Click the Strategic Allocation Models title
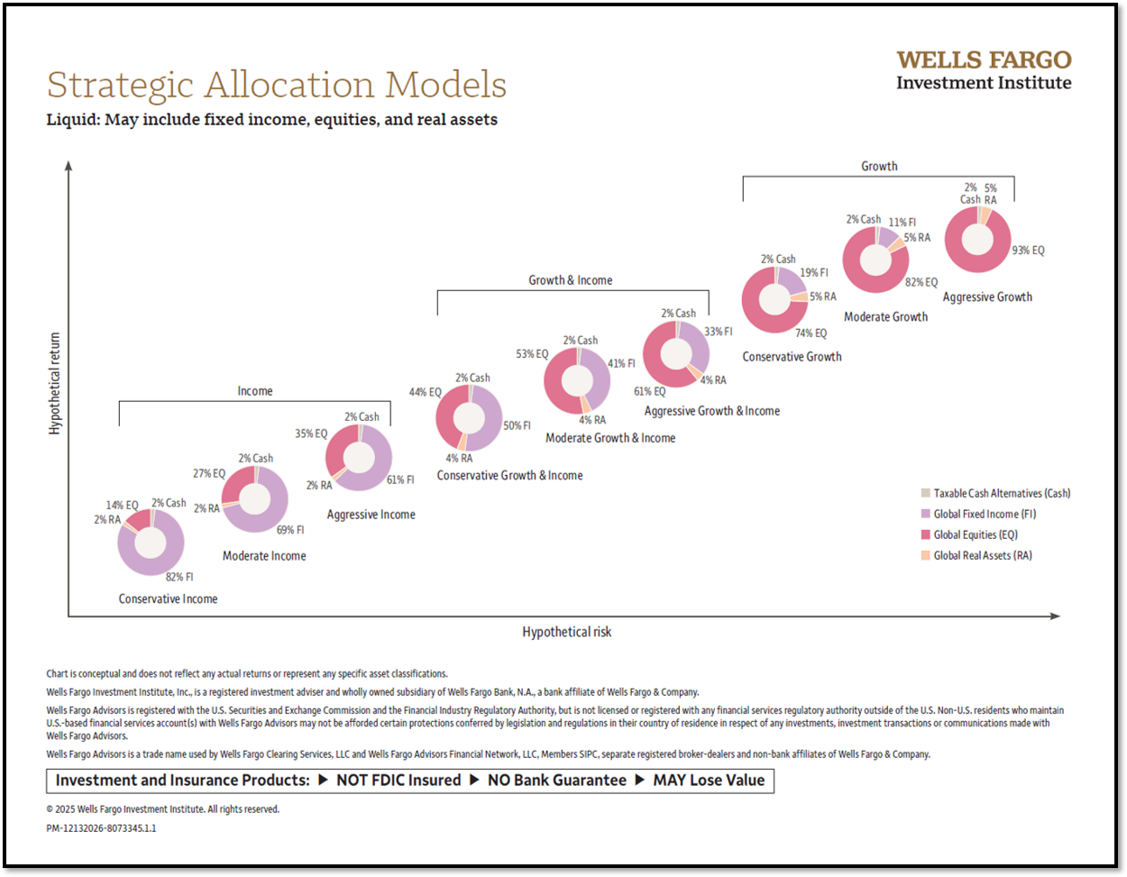click(x=277, y=86)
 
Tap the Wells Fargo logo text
click(x=984, y=60)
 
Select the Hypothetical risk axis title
click(x=566, y=632)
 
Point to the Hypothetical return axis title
click(x=55, y=384)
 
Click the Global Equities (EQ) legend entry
click(x=976, y=534)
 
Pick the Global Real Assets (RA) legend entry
click(x=983, y=555)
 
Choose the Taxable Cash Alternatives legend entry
click(x=1002, y=493)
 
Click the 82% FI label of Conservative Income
click(x=179, y=577)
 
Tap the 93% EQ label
click(x=1028, y=251)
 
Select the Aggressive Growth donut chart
click(x=977, y=240)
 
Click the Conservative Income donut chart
click(x=151, y=543)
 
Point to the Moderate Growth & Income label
click(x=610, y=438)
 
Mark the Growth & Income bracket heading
click(x=570, y=280)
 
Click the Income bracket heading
click(x=255, y=391)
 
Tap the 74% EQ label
click(x=811, y=333)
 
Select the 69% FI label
click(x=290, y=530)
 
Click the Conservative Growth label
click(x=792, y=357)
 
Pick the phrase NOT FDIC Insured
click(x=399, y=781)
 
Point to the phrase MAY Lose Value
click(x=709, y=781)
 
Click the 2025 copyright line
click(x=163, y=809)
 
